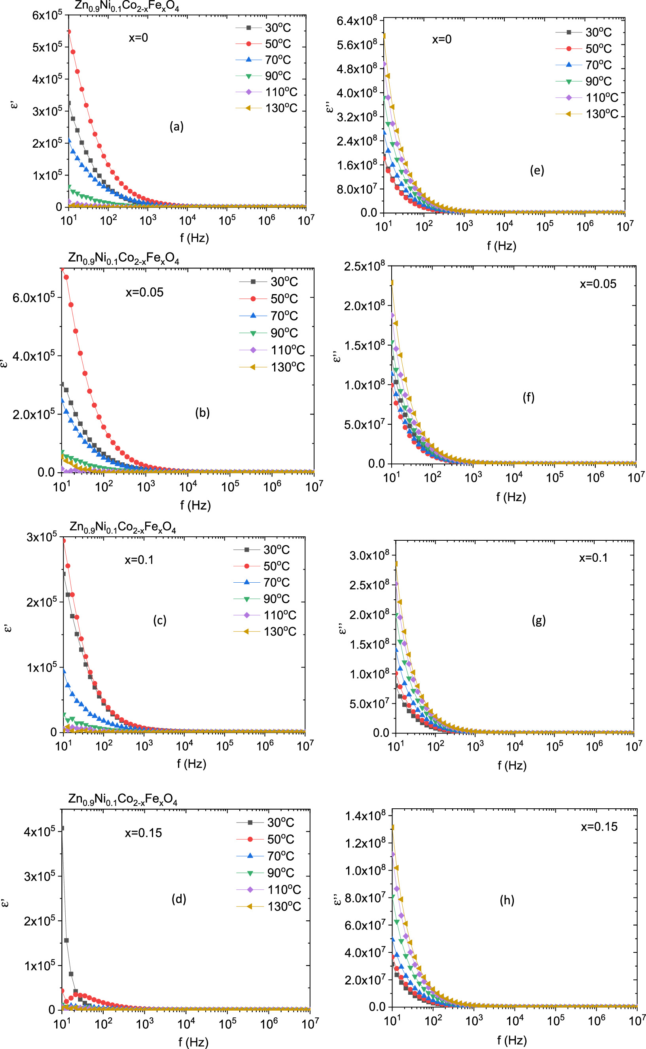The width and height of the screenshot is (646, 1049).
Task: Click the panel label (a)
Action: [176, 127]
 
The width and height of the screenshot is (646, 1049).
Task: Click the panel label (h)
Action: [507, 900]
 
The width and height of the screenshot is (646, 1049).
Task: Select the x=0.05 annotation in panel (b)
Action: [144, 293]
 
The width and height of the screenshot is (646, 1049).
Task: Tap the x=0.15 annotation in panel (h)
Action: [599, 827]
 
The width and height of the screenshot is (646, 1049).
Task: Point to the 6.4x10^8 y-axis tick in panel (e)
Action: [357, 21]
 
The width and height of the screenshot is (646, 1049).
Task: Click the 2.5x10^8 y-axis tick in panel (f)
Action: [364, 267]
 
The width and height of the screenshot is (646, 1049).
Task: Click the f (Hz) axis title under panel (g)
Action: [512, 765]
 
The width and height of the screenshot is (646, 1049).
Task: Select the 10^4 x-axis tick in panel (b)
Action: [188, 486]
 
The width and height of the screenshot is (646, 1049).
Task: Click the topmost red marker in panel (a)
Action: [69, 32]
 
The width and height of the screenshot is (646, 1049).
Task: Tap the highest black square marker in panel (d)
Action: [63, 829]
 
